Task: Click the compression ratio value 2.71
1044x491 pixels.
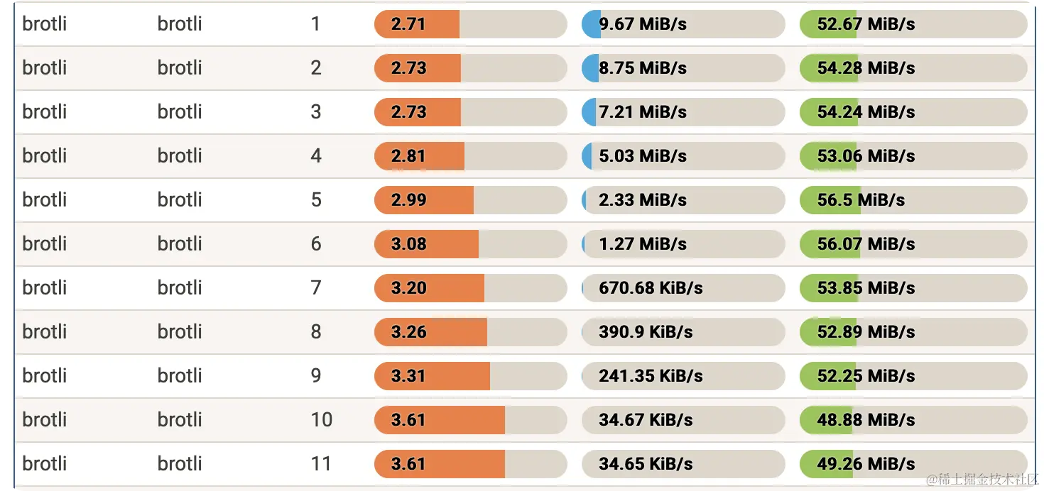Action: [x=408, y=24]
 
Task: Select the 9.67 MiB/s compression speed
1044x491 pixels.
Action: [x=643, y=24]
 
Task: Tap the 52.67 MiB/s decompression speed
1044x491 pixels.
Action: [x=866, y=24]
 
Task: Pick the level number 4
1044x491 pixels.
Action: [x=316, y=156]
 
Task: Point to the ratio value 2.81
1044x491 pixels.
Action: [x=408, y=156]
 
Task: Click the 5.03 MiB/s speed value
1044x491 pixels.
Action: [x=643, y=156]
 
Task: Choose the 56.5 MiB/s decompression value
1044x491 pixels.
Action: [x=861, y=200]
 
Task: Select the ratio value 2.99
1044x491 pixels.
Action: [x=408, y=200]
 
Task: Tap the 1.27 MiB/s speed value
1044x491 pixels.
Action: [x=643, y=244]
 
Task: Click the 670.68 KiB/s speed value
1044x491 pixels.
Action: [x=651, y=288]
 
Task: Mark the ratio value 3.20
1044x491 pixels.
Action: [x=408, y=288]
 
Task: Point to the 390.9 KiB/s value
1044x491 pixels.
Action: [x=646, y=332]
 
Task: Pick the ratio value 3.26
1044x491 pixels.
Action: [x=408, y=332]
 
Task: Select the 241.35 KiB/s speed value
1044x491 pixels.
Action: [x=651, y=376]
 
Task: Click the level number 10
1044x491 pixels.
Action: [x=321, y=420]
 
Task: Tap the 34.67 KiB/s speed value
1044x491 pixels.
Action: [x=646, y=420]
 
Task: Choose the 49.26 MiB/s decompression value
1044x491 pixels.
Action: [x=866, y=464]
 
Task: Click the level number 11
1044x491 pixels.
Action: [x=321, y=464]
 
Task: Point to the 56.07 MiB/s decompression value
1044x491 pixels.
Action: [x=866, y=244]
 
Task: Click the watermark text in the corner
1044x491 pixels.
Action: [x=983, y=480]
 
